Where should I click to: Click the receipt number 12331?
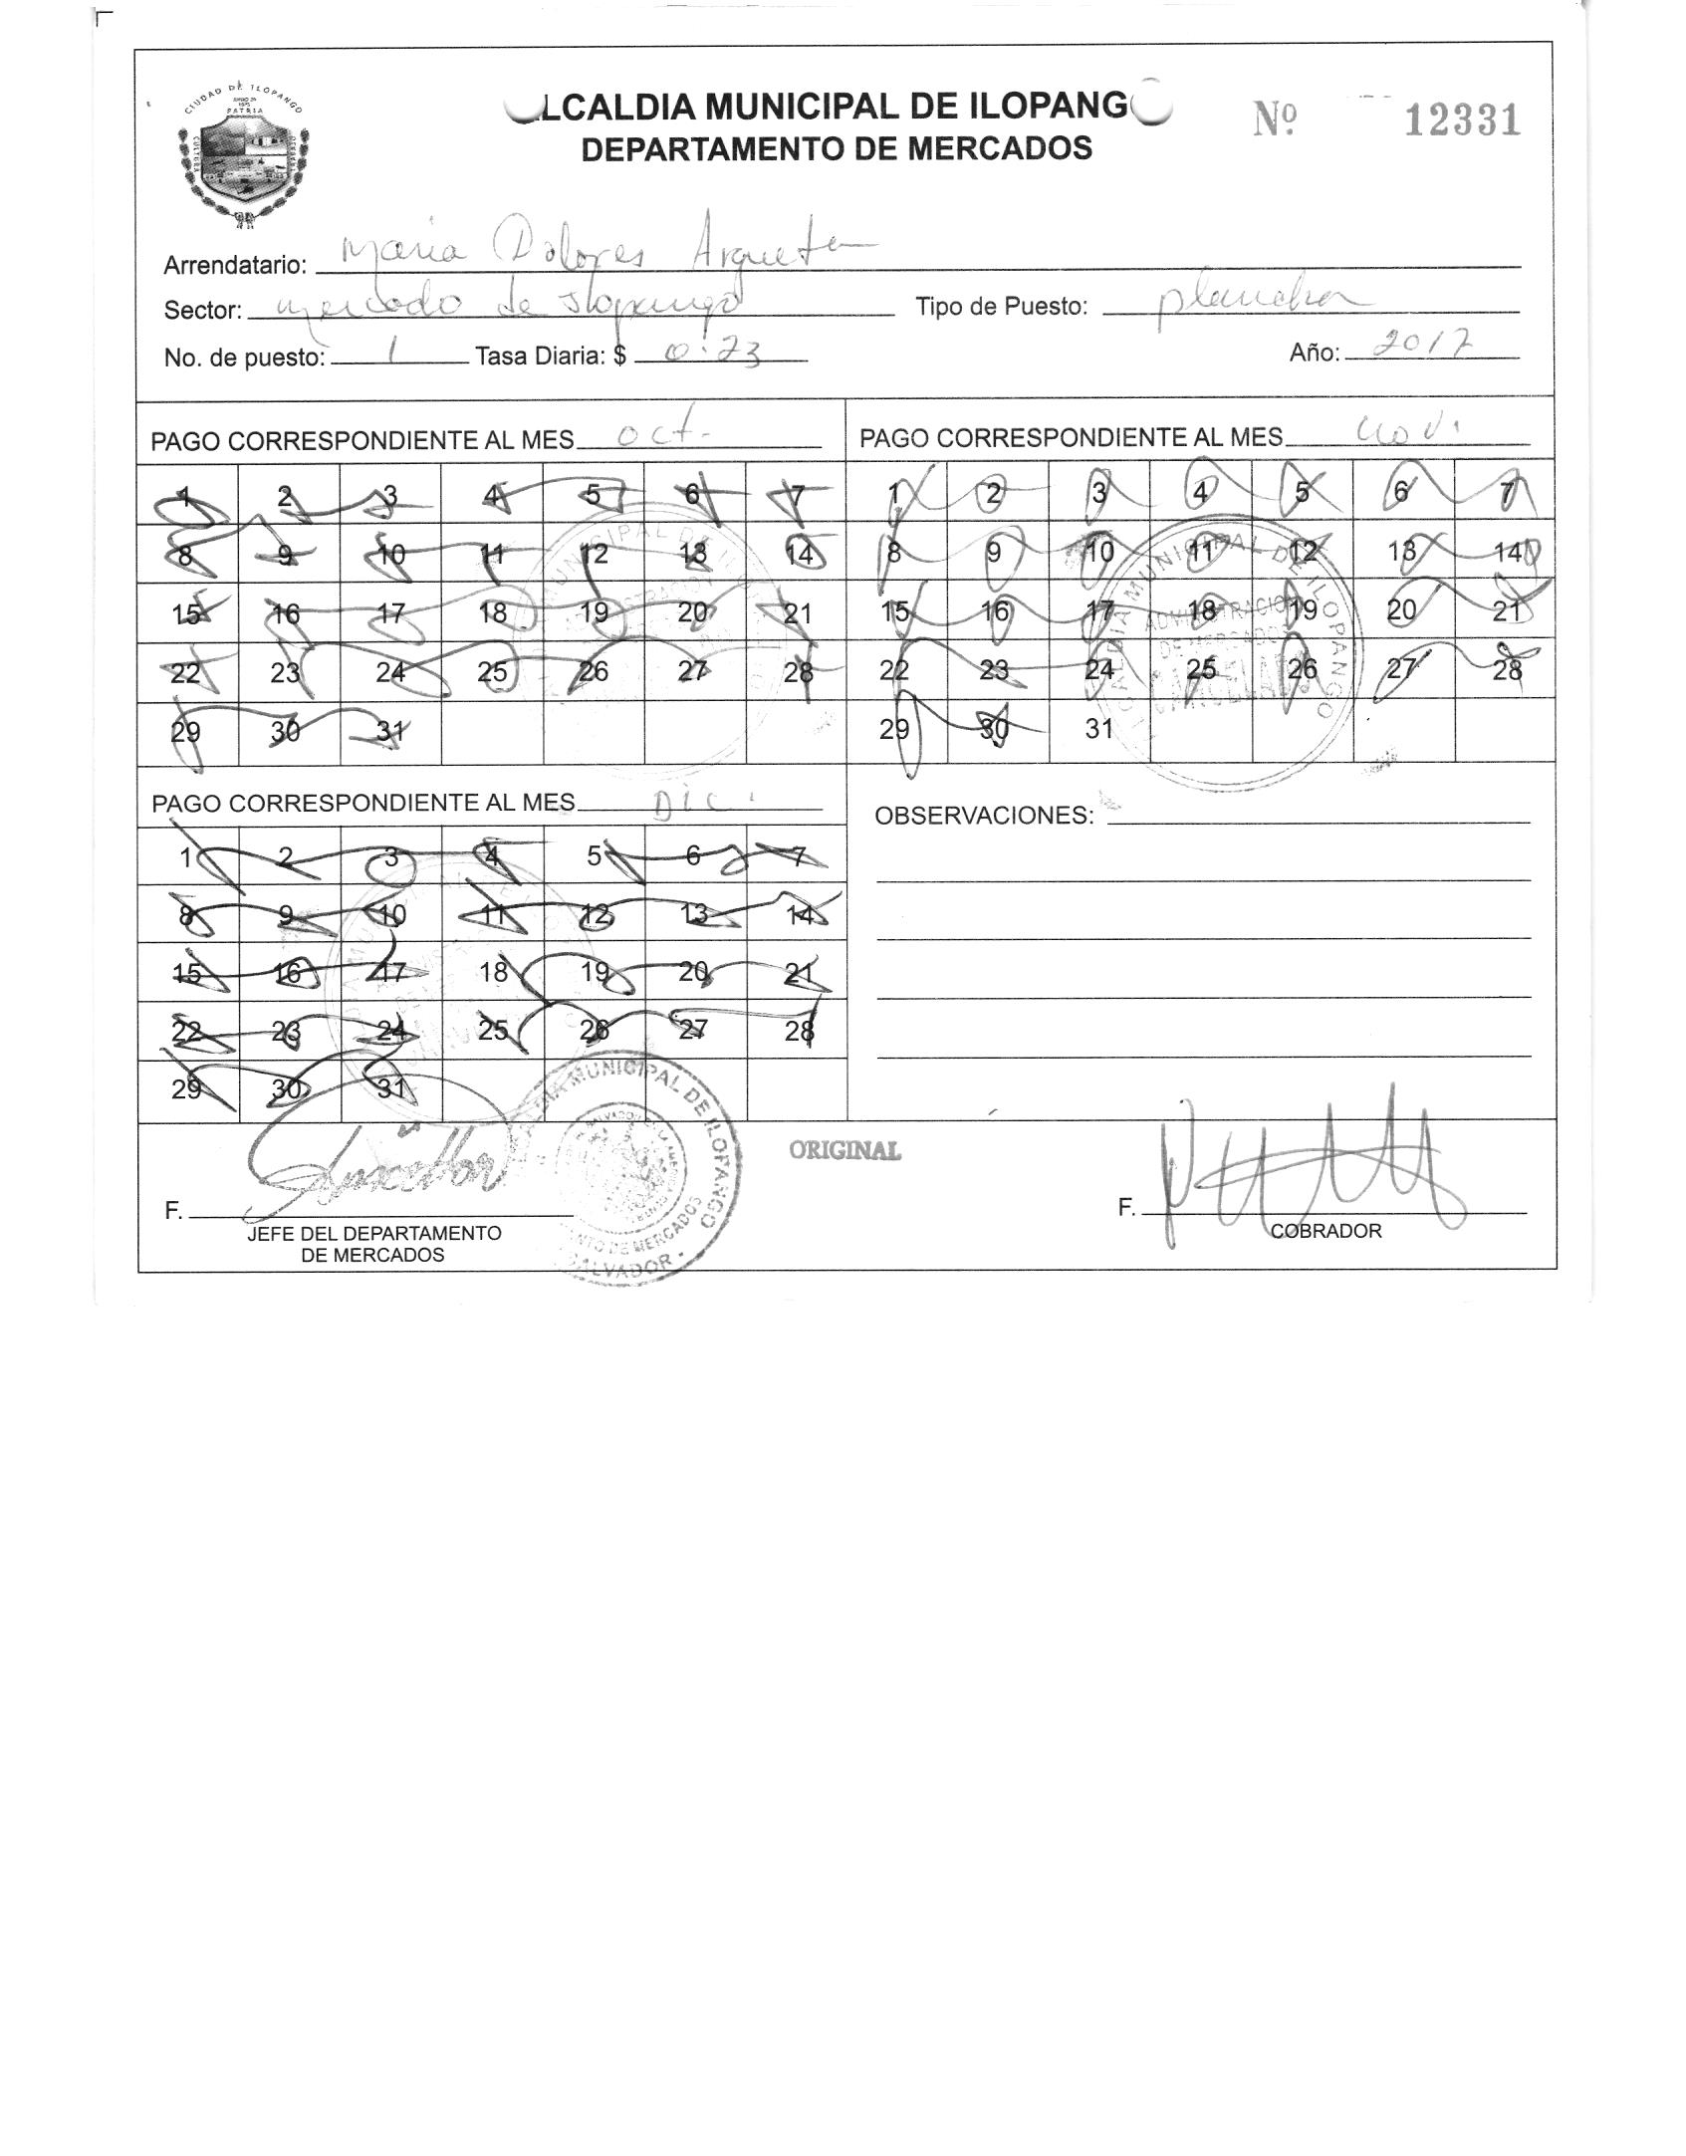tap(1462, 121)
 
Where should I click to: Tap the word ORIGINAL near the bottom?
tap(844, 1150)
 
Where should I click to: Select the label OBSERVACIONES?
tap(983, 816)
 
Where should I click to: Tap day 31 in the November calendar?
tap(1099, 729)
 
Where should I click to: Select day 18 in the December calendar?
tap(493, 971)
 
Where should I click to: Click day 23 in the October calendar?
tap(286, 672)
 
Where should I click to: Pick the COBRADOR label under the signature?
tap(1326, 1231)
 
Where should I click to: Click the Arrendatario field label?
tap(235, 266)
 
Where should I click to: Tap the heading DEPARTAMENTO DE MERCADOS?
tap(837, 149)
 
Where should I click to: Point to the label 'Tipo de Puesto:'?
tap(1002, 307)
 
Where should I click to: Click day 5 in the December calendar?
tap(594, 856)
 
